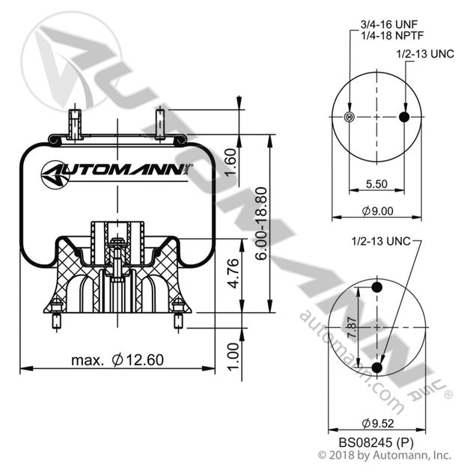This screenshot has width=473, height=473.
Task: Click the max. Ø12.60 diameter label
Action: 118,360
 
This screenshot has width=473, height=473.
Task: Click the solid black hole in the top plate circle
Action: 405,117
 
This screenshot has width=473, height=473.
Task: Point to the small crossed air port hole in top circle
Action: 347,117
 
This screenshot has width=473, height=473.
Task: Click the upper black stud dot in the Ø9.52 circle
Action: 376,288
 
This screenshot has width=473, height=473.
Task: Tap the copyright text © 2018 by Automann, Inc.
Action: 385,454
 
